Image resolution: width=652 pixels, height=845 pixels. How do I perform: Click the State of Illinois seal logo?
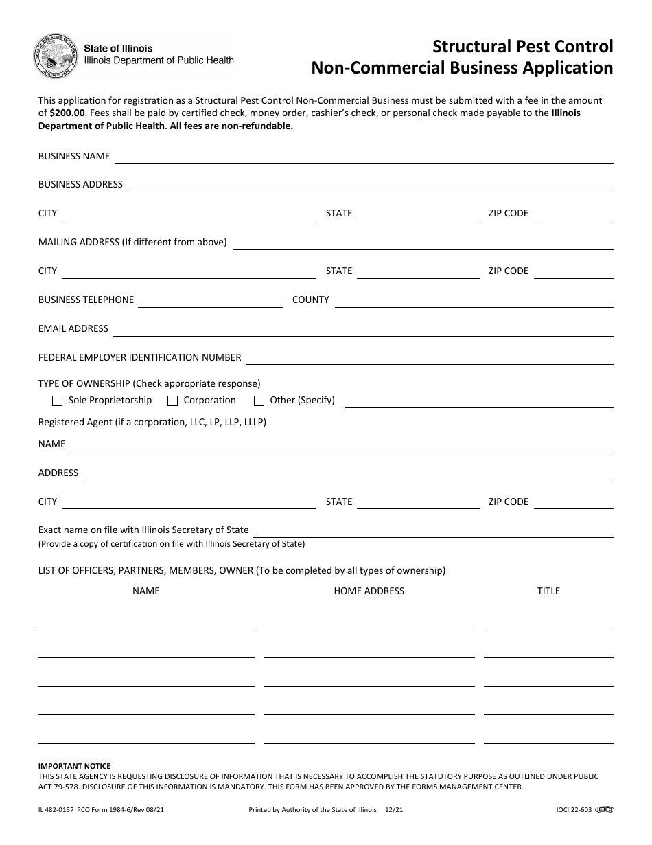point(53,55)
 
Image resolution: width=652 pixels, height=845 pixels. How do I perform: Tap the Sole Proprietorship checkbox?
point(58,401)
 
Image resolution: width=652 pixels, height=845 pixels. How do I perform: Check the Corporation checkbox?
point(173,401)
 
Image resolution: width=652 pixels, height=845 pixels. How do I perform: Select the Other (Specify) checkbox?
point(259,401)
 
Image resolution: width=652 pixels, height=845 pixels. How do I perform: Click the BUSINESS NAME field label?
point(74,156)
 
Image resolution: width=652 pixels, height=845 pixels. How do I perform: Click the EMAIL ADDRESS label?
point(73,328)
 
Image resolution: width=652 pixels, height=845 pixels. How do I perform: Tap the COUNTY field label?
point(311,300)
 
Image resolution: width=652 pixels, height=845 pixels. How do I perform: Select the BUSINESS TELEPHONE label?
point(86,300)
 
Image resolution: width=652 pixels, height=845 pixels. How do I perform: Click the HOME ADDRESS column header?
point(369,591)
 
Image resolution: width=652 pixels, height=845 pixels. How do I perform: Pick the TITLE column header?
point(548,591)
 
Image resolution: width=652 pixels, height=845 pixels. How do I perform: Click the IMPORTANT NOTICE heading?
point(74,766)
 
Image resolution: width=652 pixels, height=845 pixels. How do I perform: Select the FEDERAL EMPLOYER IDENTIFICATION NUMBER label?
point(140,357)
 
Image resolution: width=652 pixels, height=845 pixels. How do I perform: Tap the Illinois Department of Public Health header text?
point(159,60)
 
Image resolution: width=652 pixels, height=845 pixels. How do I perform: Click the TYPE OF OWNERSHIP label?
point(84,383)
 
